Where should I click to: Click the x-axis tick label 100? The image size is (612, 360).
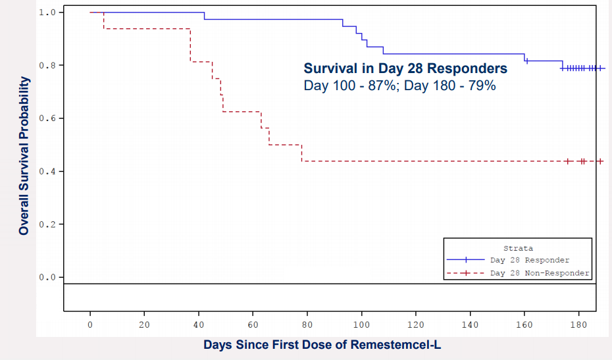click(361, 324)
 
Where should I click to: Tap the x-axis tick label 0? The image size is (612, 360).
click(90, 324)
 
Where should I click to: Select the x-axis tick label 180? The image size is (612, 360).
click(578, 324)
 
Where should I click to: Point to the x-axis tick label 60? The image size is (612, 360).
click(253, 324)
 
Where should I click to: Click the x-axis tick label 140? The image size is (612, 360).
click(470, 324)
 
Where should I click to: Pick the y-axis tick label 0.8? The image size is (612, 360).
click(47, 65)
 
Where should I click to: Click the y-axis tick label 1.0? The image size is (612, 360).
click(47, 13)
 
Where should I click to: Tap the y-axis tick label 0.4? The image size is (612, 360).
click(47, 171)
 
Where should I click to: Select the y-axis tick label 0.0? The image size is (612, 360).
click(47, 277)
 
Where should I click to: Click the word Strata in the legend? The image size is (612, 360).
click(518, 248)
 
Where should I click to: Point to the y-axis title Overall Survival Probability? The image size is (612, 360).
click(24, 156)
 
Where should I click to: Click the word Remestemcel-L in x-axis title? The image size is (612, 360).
click(395, 345)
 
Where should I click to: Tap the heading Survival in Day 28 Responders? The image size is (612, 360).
click(405, 68)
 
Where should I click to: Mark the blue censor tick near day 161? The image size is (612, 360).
click(527, 61)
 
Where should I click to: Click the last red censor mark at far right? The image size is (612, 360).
click(600, 161)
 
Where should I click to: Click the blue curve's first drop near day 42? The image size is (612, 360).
click(204, 16)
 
